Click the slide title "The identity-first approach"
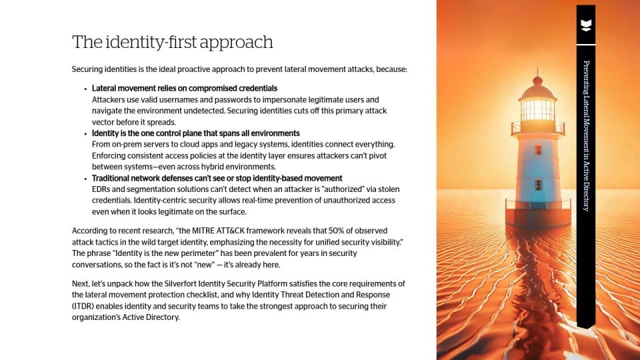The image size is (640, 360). [x=172, y=42]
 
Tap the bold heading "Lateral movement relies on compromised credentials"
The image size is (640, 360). [x=185, y=88]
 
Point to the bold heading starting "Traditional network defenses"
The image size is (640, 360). [x=217, y=178]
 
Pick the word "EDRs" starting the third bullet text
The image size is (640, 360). [x=100, y=189]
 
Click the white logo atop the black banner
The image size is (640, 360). [x=586, y=25]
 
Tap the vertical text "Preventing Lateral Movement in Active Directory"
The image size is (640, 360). [x=586, y=136]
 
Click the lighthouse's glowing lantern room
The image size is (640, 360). [x=537, y=109]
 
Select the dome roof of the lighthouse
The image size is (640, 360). [x=537, y=91]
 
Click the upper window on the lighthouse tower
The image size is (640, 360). [x=538, y=150]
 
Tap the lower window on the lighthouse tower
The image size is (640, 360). [x=539, y=185]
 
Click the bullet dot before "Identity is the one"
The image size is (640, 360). [x=85, y=134]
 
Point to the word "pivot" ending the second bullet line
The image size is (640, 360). [x=377, y=155]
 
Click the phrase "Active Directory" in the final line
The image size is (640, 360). [x=151, y=317]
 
